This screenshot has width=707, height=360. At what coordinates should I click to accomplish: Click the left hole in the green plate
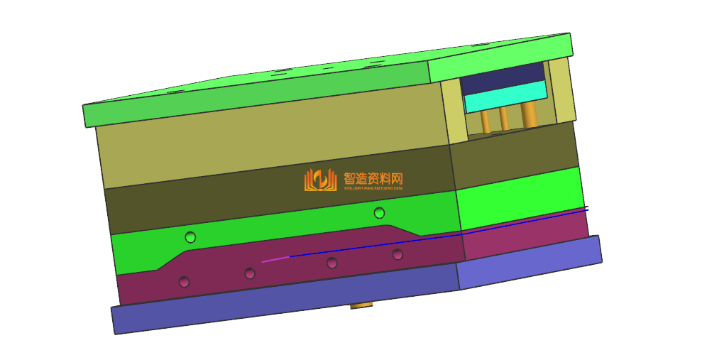point(190,236)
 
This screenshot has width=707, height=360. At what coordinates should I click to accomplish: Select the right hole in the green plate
point(379,212)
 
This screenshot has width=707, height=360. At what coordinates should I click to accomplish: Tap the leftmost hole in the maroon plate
point(184,282)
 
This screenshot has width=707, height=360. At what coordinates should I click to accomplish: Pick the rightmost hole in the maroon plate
point(398,254)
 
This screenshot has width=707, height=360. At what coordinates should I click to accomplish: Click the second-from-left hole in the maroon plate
point(249,273)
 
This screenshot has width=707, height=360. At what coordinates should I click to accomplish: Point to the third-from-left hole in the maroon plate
point(331,263)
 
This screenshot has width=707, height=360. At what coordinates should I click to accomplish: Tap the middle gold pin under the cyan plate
point(504,119)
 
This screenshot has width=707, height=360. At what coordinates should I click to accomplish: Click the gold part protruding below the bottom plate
point(362,305)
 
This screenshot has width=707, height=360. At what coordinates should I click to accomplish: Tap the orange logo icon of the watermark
point(320,180)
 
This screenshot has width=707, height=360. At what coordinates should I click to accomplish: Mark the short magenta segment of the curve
point(275,259)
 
